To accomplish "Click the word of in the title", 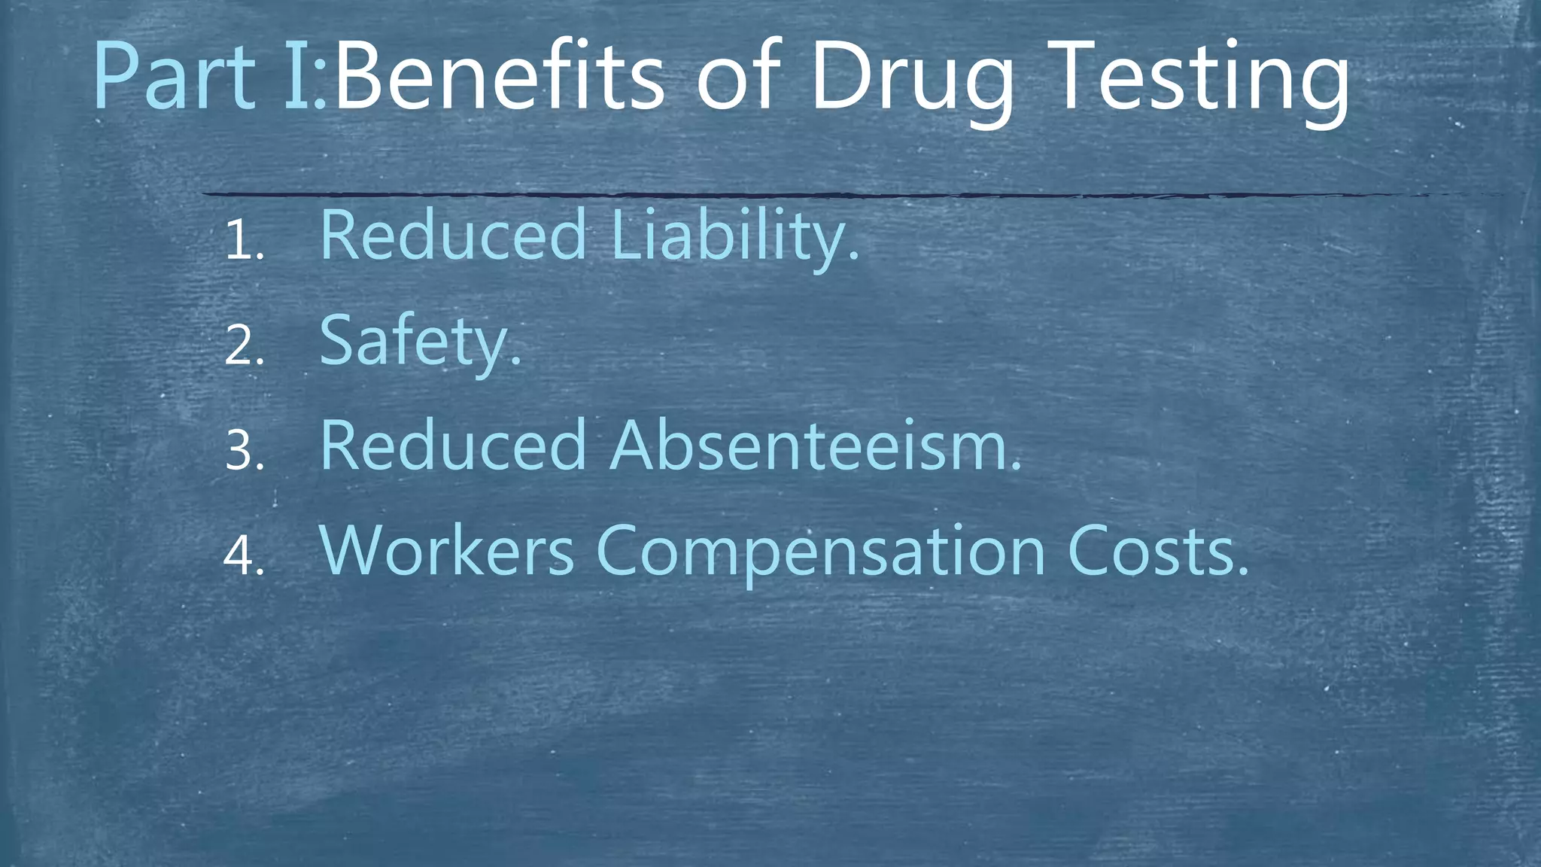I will (737, 77).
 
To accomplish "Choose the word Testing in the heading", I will (1201, 81).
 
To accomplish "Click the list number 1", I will (243, 242).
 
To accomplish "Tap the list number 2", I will (243, 347).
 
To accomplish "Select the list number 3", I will (243, 452).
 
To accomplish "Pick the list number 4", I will (243, 558).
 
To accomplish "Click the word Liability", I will (734, 236).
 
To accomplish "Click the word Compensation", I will (821, 554).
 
